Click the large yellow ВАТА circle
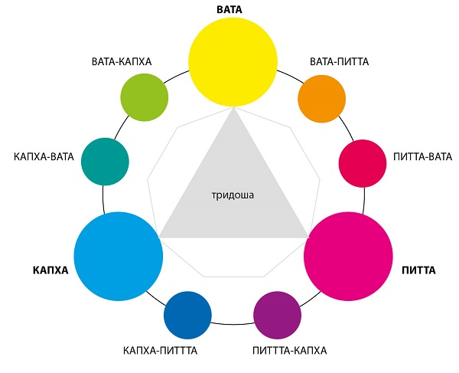(233, 62)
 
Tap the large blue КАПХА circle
(119, 257)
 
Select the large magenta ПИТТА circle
(348, 257)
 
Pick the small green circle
(145, 97)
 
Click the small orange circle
(322, 99)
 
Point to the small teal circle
(105, 162)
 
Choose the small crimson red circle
(363, 163)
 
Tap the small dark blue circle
(187, 316)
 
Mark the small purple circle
(277, 316)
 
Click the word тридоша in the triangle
(233, 195)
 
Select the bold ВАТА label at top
(229, 9)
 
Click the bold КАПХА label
(50, 270)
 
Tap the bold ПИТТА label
(418, 270)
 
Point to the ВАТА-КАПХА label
(122, 62)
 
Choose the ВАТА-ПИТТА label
(339, 62)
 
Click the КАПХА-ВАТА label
(44, 157)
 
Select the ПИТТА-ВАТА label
(423, 157)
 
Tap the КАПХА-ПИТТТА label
(160, 351)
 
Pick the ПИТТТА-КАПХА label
(289, 351)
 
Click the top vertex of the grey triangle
(233, 108)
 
